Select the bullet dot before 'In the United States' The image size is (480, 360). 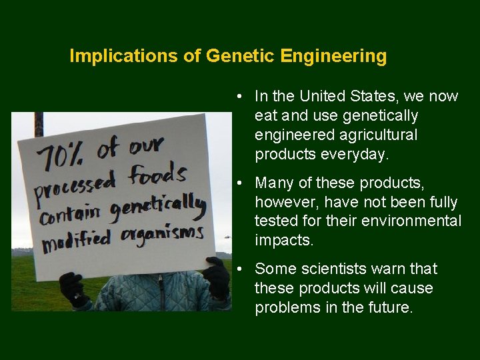238,97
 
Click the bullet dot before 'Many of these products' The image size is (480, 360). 238,183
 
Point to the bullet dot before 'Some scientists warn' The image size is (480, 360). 238,269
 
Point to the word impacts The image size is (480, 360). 283,241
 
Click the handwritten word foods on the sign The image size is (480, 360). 157,175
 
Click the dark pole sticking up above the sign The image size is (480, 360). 39,124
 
